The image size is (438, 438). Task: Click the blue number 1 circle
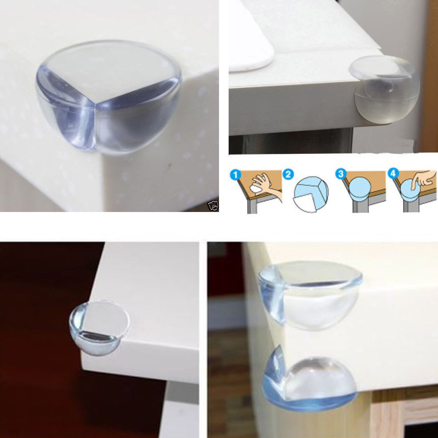236,176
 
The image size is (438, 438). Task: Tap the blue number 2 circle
288,176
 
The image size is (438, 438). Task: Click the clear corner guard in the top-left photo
109,94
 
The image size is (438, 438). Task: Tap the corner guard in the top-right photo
383,90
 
